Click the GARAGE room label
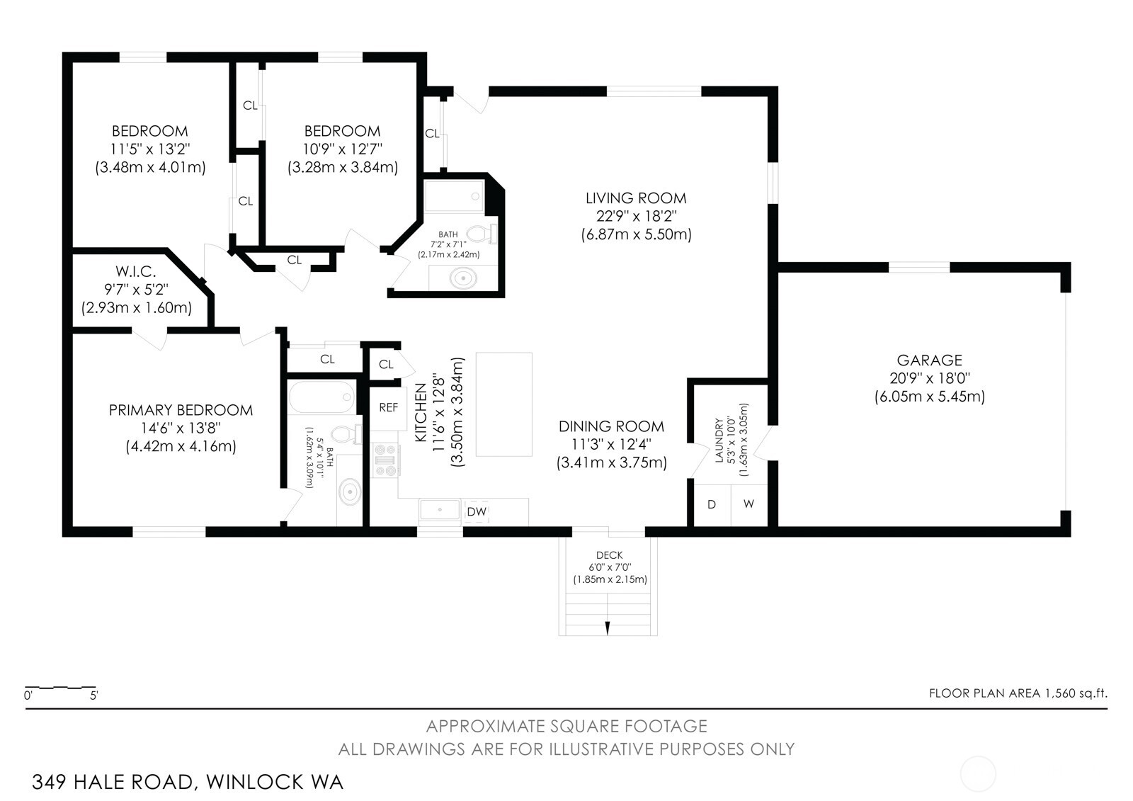coord(929,360)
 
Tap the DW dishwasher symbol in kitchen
coord(477,511)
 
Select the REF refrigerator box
coord(388,408)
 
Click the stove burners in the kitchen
coord(386,460)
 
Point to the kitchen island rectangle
coord(503,404)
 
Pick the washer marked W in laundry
coord(748,504)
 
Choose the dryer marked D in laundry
coord(712,504)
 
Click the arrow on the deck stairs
coord(608,626)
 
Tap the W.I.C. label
coord(136,272)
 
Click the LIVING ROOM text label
coord(635,198)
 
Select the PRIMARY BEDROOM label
coord(181,410)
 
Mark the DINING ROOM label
coord(611,426)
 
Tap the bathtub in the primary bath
coord(321,397)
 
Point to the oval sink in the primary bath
coord(349,491)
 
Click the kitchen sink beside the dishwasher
coord(440,509)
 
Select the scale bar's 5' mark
coord(93,695)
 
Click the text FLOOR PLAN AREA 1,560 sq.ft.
coord(1018,693)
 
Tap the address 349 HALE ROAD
coord(113,782)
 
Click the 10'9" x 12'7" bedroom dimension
coord(343,149)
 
